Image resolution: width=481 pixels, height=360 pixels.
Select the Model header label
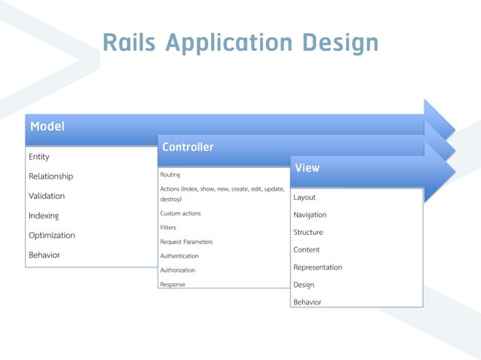tap(47, 126)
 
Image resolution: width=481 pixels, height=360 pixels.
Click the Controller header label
tap(188, 147)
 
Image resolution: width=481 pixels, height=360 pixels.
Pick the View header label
tap(307, 168)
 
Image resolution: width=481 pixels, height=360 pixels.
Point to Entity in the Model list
tap(39, 157)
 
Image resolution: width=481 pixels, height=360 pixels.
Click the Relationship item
tap(51, 176)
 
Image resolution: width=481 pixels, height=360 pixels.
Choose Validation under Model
tap(47, 196)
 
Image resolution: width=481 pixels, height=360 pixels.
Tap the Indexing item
tap(43, 216)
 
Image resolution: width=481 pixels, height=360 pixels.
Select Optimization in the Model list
tap(51, 235)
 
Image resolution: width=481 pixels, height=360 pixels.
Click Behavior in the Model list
tap(44, 255)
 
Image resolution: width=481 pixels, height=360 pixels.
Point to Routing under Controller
tap(170, 175)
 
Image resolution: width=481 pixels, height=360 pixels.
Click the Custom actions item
tap(180, 214)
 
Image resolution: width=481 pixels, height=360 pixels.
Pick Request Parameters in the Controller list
tap(186, 242)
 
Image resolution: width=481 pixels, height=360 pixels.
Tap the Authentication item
tap(179, 256)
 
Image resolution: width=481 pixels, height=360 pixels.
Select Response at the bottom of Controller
tap(173, 285)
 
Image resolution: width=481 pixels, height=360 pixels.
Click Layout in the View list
tap(305, 197)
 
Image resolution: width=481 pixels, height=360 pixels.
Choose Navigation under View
tap(310, 215)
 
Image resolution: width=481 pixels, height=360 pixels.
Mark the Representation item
tap(317, 267)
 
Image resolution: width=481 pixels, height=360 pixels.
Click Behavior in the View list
tap(307, 302)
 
